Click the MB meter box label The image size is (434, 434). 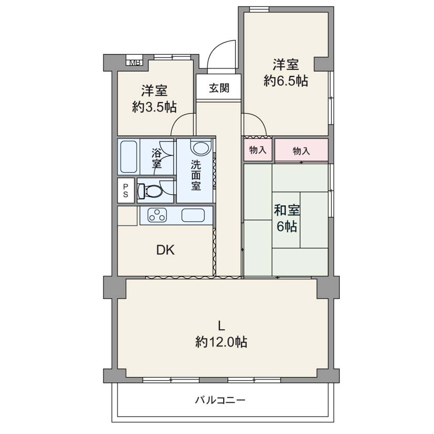click(134, 63)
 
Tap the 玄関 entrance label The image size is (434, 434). click(219, 88)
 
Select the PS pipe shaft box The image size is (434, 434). click(126, 190)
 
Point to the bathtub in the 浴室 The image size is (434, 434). click(128, 157)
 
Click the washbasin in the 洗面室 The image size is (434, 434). click(201, 148)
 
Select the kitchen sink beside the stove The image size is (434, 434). click(193, 215)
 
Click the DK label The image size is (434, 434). click(166, 250)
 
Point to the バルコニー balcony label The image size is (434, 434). click(220, 400)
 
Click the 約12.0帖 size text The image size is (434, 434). click(221, 342)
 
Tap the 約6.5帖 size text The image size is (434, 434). click(286, 81)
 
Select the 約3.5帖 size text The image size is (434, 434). click(154, 107)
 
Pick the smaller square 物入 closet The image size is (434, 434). click(258, 150)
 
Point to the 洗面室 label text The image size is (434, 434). click(196, 175)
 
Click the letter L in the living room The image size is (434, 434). click(221, 326)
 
